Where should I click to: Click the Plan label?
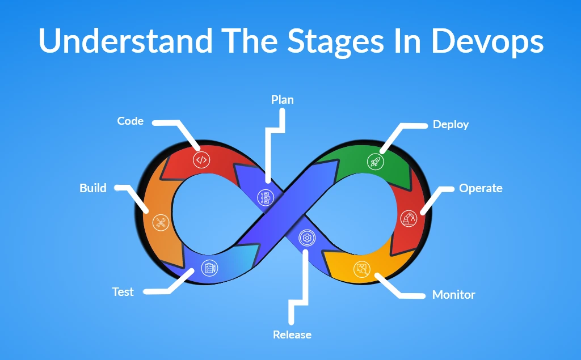click(x=283, y=100)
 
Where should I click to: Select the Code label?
click(x=130, y=121)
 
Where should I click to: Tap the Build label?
click(x=93, y=188)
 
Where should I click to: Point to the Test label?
click(x=123, y=292)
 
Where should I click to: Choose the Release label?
click(x=292, y=334)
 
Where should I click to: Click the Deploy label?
click(x=451, y=124)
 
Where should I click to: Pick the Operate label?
click(x=481, y=188)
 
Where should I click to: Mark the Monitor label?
click(x=453, y=295)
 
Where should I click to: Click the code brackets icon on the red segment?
click(x=201, y=160)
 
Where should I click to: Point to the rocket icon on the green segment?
click(x=375, y=162)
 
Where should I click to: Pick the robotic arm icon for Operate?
click(x=408, y=218)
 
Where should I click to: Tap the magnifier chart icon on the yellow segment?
click(x=361, y=269)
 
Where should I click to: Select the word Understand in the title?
click(x=125, y=41)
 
